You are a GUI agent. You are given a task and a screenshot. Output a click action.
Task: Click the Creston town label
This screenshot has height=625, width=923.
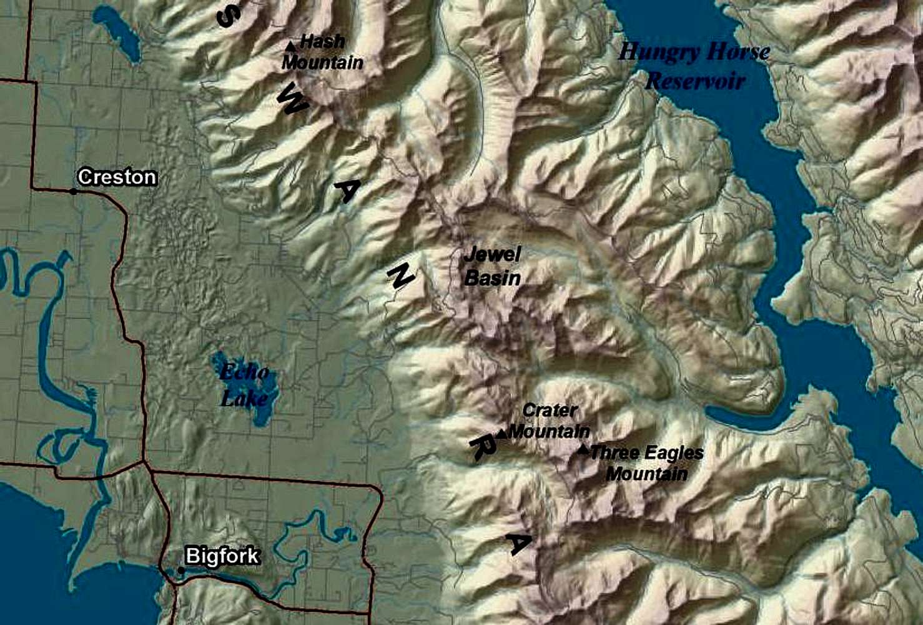[x=117, y=177]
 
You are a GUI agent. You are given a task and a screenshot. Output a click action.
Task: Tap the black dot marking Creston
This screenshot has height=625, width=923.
[x=74, y=191]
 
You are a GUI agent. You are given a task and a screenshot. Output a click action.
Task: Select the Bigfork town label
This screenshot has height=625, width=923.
[x=222, y=556]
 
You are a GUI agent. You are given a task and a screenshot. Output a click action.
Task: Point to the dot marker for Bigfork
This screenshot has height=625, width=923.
[x=181, y=570]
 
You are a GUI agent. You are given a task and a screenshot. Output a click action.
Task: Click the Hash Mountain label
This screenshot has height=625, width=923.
[x=322, y=52]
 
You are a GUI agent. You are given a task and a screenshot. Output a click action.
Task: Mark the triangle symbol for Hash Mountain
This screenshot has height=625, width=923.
[x=290, y=46]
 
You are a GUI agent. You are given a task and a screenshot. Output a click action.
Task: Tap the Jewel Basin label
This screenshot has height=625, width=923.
[x=492, y=266]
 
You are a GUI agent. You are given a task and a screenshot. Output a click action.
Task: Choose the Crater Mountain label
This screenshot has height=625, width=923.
[x=550, y=421]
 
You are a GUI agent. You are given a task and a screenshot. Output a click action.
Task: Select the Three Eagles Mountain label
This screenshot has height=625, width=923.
[x=646, y=463]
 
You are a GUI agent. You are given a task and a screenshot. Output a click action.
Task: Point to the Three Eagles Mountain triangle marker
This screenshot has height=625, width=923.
[x=583, y=449]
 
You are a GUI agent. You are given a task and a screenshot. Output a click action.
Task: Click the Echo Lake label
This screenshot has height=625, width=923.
[x=245, y=385]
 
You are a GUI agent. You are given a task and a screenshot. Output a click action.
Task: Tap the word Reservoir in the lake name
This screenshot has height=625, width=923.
[x=695, y=81]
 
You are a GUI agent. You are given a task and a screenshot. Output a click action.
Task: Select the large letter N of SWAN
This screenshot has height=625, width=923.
[x=400, y=275]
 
